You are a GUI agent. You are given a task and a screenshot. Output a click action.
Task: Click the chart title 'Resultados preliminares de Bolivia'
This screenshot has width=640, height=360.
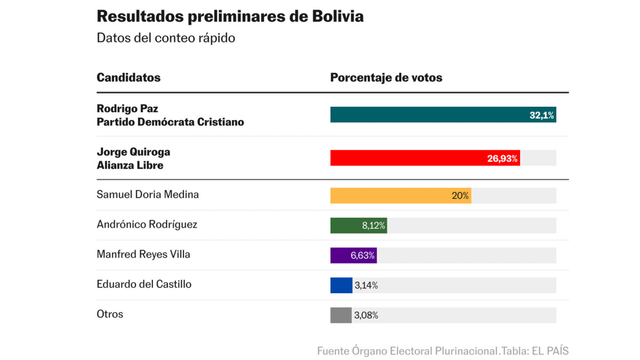pyautogui.click(x=230, y=17)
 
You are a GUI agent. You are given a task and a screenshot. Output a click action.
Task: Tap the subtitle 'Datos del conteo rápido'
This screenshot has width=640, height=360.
pyautogui.click(x=166, y=38)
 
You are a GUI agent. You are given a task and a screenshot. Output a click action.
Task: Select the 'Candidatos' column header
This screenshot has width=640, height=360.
pyautogui.click(x=129, y=77)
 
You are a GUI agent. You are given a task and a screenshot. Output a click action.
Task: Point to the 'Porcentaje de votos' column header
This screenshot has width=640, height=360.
pyautogui.click(x=386, y=77)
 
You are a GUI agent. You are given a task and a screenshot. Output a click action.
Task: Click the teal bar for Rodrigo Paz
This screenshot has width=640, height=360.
pyautogui.click(x=427, y=115)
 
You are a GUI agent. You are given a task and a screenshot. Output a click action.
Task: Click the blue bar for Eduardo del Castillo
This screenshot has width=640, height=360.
pyautogui.click(x=341, y=285)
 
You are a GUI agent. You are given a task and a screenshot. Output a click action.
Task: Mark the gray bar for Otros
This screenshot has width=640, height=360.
pyautogui.click(x=341, y=315)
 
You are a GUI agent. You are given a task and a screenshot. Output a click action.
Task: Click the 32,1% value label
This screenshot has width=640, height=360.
pyautogui.click(x=541, y=115)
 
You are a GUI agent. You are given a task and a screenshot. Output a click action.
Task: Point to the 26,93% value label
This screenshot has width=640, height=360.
pyautogui.click(x=502, y=158)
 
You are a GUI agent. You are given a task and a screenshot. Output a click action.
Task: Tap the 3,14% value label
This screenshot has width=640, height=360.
pyautogui.click(x=366, y=285)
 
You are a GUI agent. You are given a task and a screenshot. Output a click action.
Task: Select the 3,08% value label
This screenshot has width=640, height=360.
pyautogui.click(x=366, y=315)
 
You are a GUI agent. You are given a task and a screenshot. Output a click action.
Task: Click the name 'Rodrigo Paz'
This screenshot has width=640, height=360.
pyautogui.click(x=127, y=108)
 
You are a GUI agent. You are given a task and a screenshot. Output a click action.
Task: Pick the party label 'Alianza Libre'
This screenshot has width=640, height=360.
pyautogui.click(x=130, y=165)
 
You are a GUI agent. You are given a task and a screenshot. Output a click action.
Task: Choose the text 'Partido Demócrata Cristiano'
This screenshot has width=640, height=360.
pyautogui.click(x=170, y=122)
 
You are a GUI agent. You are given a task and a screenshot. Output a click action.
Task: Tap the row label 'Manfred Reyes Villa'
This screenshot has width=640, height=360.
pyautogui.click(x=143, y=254)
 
